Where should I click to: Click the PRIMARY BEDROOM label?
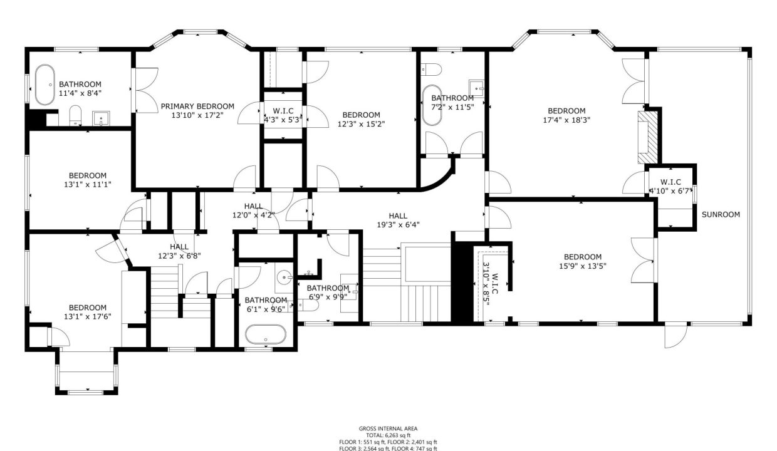tap(197, 106)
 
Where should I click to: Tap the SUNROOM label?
tap(720, 214)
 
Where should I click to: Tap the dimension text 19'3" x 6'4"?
tap(398, 225)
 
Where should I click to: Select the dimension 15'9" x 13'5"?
tap(582, 266)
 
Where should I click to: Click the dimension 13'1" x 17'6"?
tap(87, 316)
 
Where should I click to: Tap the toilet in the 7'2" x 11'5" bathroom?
tap(437, 69)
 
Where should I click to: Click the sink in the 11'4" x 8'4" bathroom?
tap(101, 117)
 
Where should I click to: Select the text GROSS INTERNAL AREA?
tap(388, 429)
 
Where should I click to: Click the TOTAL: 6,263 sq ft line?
tap(388, 435)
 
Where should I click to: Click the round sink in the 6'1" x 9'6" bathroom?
tap(286, 275)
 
